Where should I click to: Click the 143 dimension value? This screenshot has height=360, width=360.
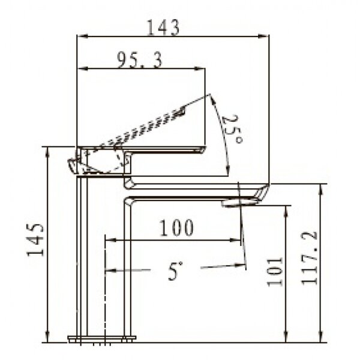163,28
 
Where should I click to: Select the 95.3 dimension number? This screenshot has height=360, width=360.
140,60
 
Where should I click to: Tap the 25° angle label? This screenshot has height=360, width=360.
232,129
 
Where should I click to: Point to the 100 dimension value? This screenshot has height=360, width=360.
176,228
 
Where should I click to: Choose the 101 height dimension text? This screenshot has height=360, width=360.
275,272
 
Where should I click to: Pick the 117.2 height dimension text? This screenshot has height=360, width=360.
309,258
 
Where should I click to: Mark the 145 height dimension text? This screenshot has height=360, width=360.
35,239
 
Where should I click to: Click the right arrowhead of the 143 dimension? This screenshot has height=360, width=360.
263,36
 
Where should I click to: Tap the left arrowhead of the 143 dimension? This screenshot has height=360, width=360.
82,36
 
